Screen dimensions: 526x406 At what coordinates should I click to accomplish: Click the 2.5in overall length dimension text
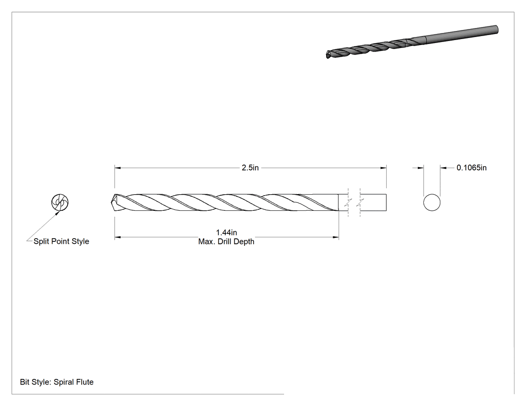pos(250,168)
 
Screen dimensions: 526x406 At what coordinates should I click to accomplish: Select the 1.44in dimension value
pos(226,232)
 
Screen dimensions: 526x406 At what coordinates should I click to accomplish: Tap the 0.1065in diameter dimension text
pos(471,168)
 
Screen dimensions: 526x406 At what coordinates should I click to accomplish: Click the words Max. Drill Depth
pos(226,241)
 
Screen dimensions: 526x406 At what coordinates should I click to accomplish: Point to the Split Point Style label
pos(62,241)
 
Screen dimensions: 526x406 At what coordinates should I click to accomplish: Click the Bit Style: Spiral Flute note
pos(57,382)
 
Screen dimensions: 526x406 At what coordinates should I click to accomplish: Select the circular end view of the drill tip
pos(60,202)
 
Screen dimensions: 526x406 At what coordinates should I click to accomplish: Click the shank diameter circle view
pos(432,202)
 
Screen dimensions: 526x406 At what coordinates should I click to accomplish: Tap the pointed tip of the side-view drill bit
pos(111,202)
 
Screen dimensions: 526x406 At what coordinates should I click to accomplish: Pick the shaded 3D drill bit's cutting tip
pos(328,55)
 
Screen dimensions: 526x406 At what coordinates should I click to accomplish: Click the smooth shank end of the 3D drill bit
pos(496,30)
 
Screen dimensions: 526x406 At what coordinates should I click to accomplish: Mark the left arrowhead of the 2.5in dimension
pos(117,168)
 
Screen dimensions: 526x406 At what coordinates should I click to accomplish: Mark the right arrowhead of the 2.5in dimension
pos(383,168)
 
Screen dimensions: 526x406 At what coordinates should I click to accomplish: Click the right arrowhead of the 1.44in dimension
pos(336,237)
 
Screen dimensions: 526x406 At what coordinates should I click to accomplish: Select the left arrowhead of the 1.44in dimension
pos(117,237)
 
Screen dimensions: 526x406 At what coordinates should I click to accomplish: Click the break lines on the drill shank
pos(354,202)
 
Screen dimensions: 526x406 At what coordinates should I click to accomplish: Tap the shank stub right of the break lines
pos(373,202)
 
